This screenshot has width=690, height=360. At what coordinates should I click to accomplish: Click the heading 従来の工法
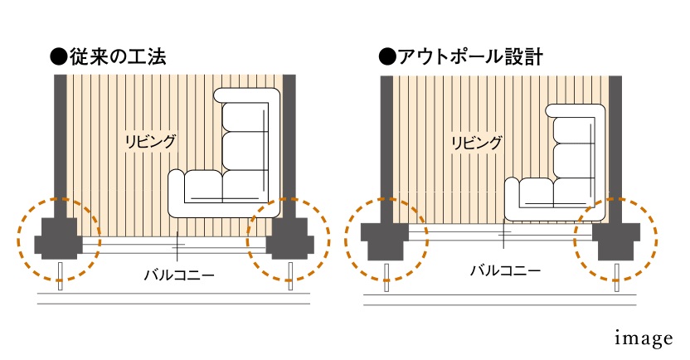117,57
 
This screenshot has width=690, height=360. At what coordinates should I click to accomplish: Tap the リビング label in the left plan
150,140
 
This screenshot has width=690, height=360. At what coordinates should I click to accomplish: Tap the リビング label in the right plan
476,143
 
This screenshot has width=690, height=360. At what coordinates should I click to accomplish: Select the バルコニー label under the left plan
178,271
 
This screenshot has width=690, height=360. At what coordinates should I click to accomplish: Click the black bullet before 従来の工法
57,57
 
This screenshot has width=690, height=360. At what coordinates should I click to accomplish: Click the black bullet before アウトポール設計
385,57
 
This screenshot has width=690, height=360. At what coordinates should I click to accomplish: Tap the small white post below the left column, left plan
61,276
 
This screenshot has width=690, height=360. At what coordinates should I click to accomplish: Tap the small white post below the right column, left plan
289,276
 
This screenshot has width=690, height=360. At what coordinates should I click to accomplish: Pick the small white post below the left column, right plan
387,276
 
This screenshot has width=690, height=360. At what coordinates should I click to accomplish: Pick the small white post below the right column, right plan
616,276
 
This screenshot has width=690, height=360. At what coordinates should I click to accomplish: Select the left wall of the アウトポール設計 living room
386,141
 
